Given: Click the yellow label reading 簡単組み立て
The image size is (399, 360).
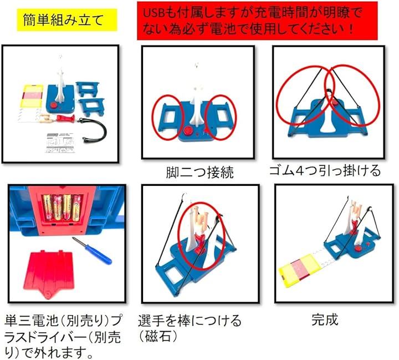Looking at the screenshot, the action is pos(67,20).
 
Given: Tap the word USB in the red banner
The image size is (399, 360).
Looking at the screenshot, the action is pos(153,13).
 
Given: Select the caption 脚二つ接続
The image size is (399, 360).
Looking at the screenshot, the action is pos(199,173).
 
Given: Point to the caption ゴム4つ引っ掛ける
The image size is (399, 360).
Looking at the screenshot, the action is pos(325,171).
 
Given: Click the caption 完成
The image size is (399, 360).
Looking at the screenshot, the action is pos(325,320).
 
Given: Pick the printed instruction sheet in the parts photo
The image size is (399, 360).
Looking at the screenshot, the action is pos(61,143).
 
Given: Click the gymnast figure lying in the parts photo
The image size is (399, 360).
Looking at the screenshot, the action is pos(57,119).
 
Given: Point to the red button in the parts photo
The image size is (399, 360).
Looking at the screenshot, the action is pos(54,105).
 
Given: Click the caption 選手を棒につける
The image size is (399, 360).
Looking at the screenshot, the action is pos(190,321).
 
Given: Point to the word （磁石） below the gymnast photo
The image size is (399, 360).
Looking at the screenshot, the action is pos(158,337).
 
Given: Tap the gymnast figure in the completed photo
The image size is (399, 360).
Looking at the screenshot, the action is pos(355,215).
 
